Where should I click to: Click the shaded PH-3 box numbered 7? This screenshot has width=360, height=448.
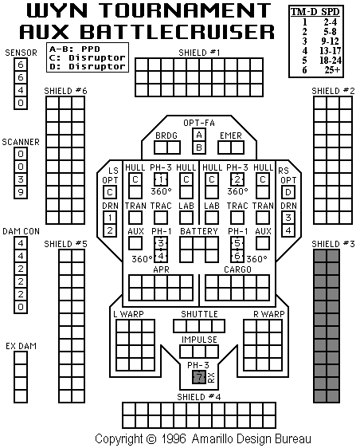click(x=199, y=377)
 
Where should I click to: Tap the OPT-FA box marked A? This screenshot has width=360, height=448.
click(x=199, y=135)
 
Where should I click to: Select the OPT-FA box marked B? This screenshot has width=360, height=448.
click(x=199, y=147)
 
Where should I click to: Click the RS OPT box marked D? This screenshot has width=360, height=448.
click(x=288, y=192)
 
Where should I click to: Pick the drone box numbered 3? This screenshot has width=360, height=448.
click(x=288, y=218)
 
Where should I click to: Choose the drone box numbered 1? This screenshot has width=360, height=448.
click(x=110, y=218)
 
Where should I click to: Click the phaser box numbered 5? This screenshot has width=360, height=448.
click(x=237, y=243)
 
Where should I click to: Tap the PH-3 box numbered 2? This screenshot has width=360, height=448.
click(x=237, y=179)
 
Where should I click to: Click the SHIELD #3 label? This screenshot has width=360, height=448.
click(x=333, y=244)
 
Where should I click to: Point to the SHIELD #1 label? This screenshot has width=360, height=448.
click(x=199, y=53)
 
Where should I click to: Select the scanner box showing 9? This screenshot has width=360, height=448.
click(x=21, y=192)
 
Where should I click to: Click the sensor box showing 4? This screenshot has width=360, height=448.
click(x=21, y=90)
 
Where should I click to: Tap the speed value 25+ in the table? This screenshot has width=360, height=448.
click(x=332, y=70)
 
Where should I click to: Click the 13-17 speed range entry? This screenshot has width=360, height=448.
click(x=331, y=51)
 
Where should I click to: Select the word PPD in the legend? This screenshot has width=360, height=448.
click(x=91, y=49)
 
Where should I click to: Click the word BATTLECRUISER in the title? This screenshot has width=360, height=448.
click(x=177, y=31)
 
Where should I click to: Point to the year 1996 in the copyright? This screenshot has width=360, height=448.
click(x=174, y=438)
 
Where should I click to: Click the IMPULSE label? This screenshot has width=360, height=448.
click(x=199, y=340)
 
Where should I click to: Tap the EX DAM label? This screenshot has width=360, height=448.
click(x=22, y=346)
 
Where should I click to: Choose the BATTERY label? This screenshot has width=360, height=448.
click(x=199, y=231)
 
